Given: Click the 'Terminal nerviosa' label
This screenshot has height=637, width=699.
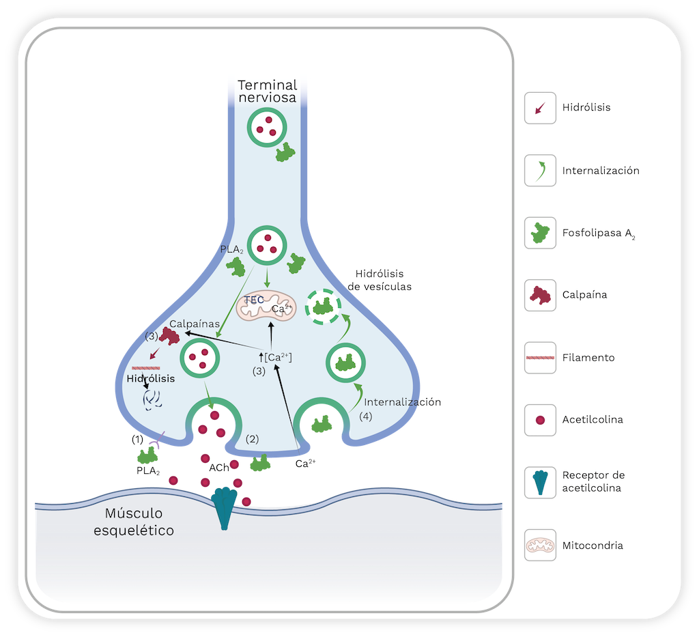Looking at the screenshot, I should (x=267, y=91).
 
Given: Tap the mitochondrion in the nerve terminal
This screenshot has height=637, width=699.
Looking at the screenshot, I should (x=267, y=308).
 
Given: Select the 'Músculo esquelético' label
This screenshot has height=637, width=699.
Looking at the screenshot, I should (x=134, y=522).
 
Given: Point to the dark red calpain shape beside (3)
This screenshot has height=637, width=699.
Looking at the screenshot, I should (x=169, y=335).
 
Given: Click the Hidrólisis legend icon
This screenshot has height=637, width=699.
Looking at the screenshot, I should (x=539, y=108).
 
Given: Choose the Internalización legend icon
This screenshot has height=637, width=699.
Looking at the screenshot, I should (x=539, y=171).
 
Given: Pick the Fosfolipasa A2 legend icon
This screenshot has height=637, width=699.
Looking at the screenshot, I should (x=539, y=233).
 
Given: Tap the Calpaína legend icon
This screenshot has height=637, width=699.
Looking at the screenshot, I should (x=539, y=295).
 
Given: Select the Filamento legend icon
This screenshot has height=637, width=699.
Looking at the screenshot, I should (x=539, y=357).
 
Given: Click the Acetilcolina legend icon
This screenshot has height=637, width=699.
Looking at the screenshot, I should (x=539, y=420).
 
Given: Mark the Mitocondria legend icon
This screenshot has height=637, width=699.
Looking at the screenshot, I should (x=539, y=546).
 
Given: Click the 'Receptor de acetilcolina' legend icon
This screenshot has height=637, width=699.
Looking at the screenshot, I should (x=539, y=482).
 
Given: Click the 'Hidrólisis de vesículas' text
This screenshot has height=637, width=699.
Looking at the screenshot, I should (x=380, y=280).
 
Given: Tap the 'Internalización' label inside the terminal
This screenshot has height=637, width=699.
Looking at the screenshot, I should (x=403, y=402).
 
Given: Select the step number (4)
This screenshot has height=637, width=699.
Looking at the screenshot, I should (x=365, y=416).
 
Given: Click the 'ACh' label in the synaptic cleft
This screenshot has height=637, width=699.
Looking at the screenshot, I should (x=218, y=468).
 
